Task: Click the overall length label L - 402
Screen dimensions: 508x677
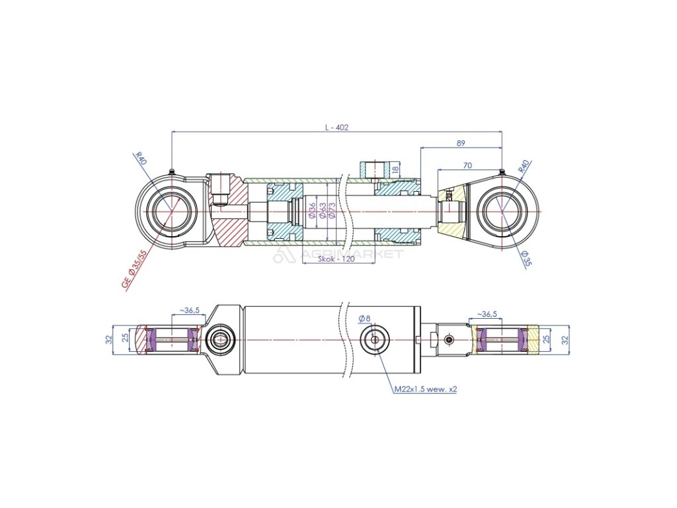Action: point(336,128)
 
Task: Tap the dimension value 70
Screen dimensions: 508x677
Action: point(467,165)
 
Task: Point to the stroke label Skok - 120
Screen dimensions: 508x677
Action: point(336,259)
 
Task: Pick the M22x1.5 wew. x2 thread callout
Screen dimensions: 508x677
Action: point(426,390)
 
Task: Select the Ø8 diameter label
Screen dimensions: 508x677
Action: point(364,319)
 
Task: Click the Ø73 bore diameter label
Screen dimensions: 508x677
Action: point(331,210)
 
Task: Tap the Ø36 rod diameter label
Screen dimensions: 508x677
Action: point(312,210)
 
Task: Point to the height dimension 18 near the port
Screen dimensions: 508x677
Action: point(395,170)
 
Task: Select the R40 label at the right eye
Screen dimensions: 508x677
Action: point(523,165)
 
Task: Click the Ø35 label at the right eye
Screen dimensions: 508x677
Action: point(526,257)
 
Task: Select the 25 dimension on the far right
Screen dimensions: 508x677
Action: point(546,339)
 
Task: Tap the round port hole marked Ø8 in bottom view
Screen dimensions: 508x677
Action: point(376,339)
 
